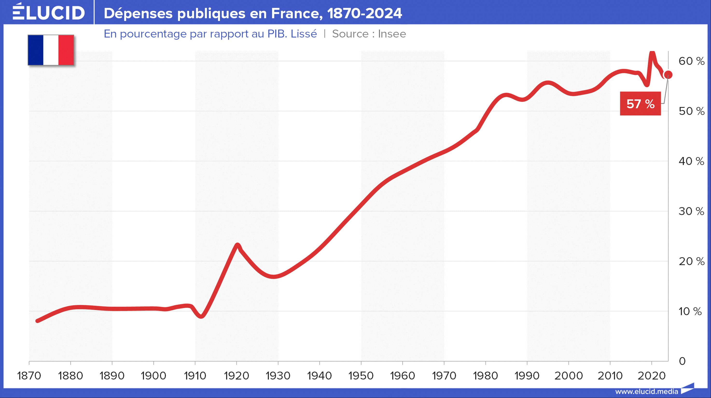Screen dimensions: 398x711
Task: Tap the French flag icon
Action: point(51,50)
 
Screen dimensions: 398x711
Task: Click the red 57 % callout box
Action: point(640,104)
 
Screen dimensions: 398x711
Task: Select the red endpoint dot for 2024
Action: point(668,74)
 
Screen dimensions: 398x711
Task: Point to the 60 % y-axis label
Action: point(691,61)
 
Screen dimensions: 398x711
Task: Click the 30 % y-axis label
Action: point(691,211)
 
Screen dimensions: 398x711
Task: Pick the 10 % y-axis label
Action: point(690,311)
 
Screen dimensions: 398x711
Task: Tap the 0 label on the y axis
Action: point(682,361)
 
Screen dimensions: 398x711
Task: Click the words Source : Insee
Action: point(369,34)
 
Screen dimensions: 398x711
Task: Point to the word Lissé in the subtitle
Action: point(304,34)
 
